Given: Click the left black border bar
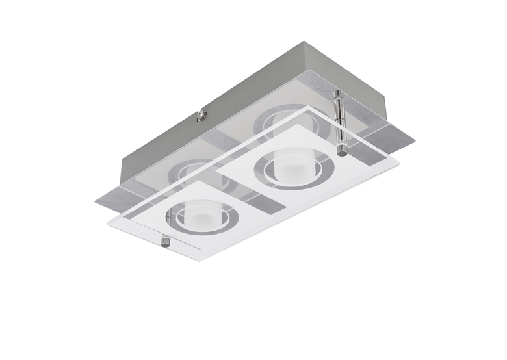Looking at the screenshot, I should (36, 180).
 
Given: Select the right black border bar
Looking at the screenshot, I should (470, 180).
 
